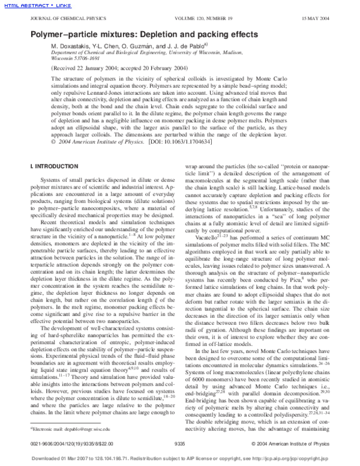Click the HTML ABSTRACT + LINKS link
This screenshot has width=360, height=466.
tap(30, 5)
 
